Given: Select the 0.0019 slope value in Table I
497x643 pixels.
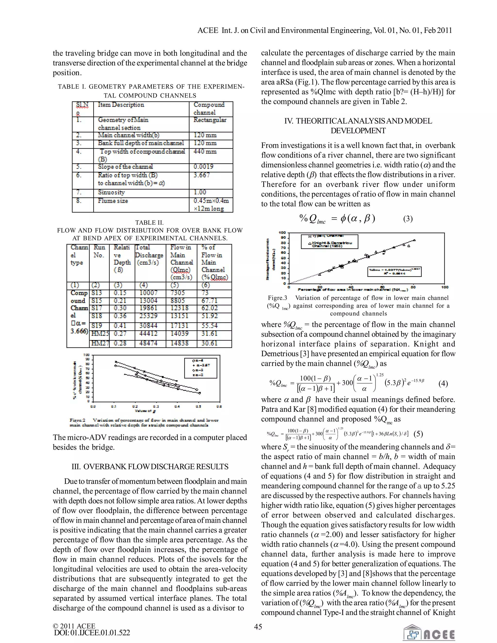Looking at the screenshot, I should point(203,167).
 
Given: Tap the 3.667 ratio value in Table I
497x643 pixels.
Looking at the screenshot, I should point(202,175).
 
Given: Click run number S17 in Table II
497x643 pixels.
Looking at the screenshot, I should point(97,308).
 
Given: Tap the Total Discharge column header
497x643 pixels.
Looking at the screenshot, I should point(149,255).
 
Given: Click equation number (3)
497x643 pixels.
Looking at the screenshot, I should point(408,219).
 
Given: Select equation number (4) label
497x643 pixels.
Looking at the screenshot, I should point(443,383).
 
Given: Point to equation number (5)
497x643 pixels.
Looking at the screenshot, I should point(418,434).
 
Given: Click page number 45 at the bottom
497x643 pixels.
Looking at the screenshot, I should point(258,627).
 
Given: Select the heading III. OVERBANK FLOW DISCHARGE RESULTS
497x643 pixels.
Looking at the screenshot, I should point(150,467).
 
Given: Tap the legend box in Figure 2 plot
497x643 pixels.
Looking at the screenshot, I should point(200,368).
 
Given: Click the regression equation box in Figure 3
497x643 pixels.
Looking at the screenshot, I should point(394,272).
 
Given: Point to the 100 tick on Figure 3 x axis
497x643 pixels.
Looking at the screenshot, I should point(445,287).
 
